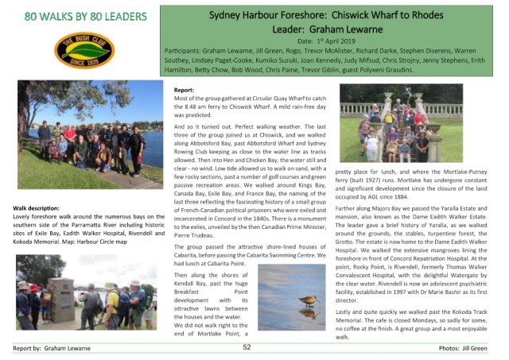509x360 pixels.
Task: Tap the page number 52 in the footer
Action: click(247, 348)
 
